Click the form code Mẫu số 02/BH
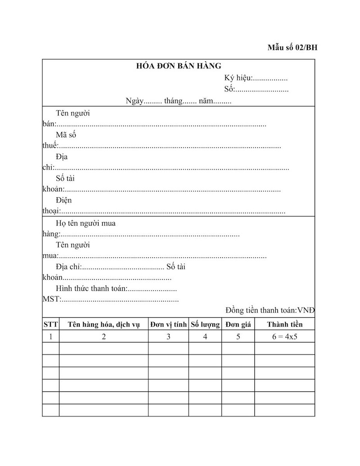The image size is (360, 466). tap(292, 48)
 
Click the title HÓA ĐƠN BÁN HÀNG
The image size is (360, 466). tap(179, 66)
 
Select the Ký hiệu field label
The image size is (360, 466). tap(238, 78)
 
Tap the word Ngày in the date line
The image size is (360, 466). tap(134, 101)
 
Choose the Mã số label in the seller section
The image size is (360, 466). tap(66, 135)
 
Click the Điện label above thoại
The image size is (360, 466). tap(63, 200)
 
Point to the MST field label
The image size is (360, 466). tap(51, 299)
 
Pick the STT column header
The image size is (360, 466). tap(50, 324)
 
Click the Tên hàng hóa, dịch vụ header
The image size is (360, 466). tap(103, 324)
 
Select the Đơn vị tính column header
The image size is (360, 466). tap(168, 324)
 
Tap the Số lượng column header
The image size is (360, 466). tap(205, 324)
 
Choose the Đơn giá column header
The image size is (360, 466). tap(238, 324)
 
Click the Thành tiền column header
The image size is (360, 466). tap(285, 324)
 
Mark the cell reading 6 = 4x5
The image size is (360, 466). tap(285, 336)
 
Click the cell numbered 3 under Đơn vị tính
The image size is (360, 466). tap(168, 336)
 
